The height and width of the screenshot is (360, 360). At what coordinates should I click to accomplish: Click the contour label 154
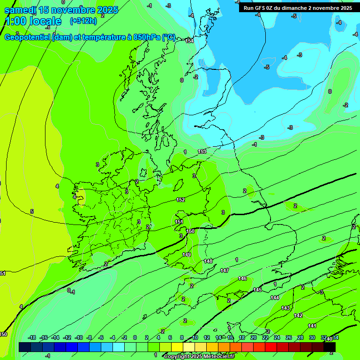pos(189,41)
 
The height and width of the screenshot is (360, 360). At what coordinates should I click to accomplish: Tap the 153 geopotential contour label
pos(202,151)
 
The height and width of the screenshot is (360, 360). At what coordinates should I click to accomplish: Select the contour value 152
pos(180,200)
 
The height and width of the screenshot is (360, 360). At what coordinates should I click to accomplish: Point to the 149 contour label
pos(187,255)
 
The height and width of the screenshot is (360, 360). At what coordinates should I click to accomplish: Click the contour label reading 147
pos(225,270)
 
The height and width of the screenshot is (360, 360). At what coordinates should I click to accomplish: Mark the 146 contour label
pos(242,278)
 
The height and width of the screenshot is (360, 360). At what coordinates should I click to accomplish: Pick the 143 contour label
pos(285,308)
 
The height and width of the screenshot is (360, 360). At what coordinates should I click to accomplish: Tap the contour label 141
pos(312,326)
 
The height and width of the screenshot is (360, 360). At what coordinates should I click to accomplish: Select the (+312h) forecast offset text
pos(83,21)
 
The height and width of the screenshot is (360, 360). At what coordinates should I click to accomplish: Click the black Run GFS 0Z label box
pos(298,8)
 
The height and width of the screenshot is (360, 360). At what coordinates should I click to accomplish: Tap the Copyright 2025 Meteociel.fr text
pos(199,356)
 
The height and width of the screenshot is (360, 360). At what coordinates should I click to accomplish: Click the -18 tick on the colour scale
pos(32,337)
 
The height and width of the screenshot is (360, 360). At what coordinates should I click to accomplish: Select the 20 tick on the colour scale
pos(253,337)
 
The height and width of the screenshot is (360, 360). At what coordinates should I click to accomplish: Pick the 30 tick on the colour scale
pos(312,337)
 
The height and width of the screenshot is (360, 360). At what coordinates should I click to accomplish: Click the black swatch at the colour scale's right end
pos(330,347)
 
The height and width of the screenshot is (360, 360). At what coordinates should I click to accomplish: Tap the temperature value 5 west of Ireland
pos(32,212)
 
